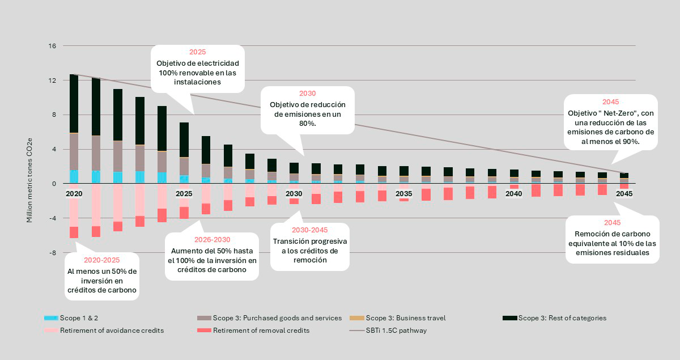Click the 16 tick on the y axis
pos(52,46)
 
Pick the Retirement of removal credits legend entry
pos(261,331)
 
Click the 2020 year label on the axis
pos(74,194)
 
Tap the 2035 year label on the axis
pos(403,194)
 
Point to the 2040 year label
pos(513,194)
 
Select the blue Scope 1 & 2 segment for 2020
pos(74,176)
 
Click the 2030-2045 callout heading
pos(309,231)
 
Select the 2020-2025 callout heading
pos(102,261)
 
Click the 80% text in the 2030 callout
pos(307,123)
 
